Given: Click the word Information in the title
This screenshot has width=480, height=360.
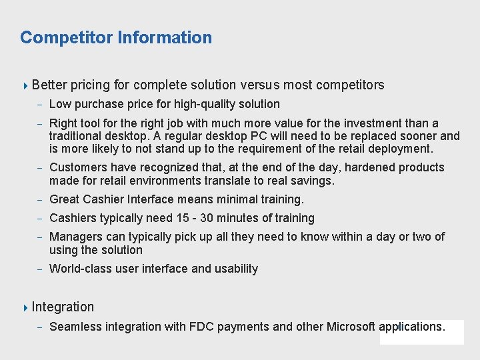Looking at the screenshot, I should point(165,37).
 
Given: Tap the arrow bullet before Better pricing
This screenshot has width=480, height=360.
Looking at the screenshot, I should point(25,85).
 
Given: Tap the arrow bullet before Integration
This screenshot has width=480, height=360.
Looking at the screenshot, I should point(25,307).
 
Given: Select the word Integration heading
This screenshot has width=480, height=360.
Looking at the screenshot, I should point(63,307).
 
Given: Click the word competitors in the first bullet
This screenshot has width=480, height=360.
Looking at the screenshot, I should point(350,85).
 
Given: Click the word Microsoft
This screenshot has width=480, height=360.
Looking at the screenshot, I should point(351,327).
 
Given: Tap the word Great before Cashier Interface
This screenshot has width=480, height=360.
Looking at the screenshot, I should point(65,199).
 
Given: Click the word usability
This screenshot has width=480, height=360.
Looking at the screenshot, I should point(236,269).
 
